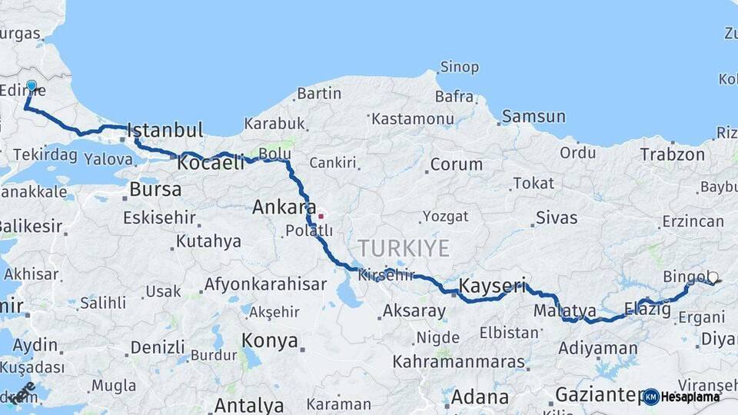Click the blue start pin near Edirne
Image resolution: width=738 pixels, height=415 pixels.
click(32, 85)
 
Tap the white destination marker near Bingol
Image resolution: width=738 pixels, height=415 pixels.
click(713, 277)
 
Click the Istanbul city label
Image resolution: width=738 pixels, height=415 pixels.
click(165, 129)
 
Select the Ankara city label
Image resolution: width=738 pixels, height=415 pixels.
click(284, 207)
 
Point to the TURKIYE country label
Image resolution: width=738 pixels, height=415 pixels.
click(403, 248)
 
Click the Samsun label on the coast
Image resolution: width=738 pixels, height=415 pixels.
click(534, 117)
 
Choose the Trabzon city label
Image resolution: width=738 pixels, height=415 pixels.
click(672, 154)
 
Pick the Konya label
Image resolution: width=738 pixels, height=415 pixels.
click(270, 340)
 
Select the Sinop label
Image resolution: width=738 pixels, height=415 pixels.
click(459, 68)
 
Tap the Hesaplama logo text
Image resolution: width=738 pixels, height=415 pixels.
click(690, 397)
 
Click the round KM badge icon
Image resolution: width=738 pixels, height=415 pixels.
click(651, 397)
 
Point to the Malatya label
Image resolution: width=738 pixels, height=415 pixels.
click(565, 310)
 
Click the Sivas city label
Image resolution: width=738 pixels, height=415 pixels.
click(557, 217)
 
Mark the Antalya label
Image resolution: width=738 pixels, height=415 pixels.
click(248, 404)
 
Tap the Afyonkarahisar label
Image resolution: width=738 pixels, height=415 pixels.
click(265, 284)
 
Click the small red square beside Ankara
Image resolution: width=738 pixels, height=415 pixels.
click(321, 216)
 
